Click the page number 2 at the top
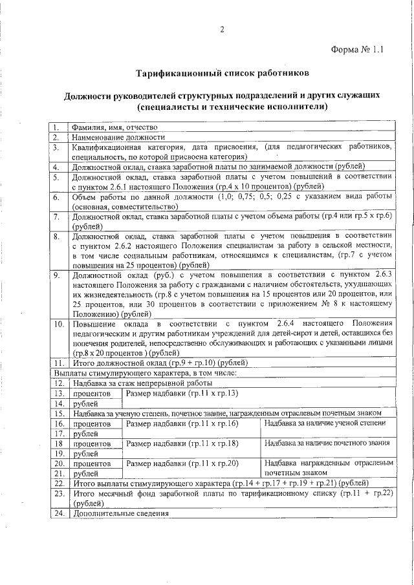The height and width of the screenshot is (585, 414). pyautogui.click(x=221, y=30)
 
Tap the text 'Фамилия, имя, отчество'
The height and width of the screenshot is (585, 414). pyautogui.click(x=114, y=127)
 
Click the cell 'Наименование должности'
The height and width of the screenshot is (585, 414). pyautogui.click(x=118, y=137)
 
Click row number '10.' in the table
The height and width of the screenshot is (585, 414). pyautogui.click(x=58, y=323)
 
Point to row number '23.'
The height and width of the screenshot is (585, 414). pyautogui.click(x=58, y=493)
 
